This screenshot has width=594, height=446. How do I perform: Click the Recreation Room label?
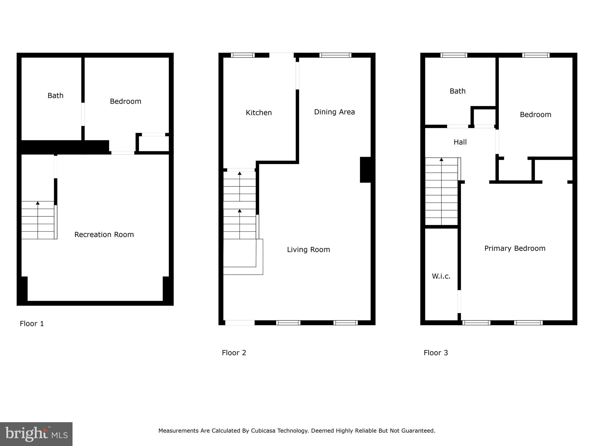pos(104,235)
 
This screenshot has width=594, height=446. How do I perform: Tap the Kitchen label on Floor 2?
pos(259,113)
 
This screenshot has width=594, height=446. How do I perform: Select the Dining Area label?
pos(334,112)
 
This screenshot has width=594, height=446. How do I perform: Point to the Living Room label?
pos(308,250)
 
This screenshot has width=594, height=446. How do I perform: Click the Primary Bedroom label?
pos(515,249)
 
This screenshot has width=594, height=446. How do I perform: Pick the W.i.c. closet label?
pos(441,276)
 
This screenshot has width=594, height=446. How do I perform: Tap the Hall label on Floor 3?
pos(460,142)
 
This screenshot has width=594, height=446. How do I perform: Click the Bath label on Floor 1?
pos(55,96)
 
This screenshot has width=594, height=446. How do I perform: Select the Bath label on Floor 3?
pos(457,91)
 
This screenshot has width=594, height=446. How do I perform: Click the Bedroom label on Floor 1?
pos(125,101)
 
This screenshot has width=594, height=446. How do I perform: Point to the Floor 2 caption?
pos(234,353)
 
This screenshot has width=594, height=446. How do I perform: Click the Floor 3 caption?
pos(436,353)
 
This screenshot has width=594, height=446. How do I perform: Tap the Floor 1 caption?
pos(32,324)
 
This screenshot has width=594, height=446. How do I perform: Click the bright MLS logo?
pos(36,434)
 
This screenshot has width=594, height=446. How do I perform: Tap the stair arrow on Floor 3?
pos(441,160)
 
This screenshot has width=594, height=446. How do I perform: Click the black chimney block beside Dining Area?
pos(365,170)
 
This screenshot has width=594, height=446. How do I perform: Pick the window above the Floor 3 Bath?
pos(454,55)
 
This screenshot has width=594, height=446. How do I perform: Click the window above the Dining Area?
pos(335,55)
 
